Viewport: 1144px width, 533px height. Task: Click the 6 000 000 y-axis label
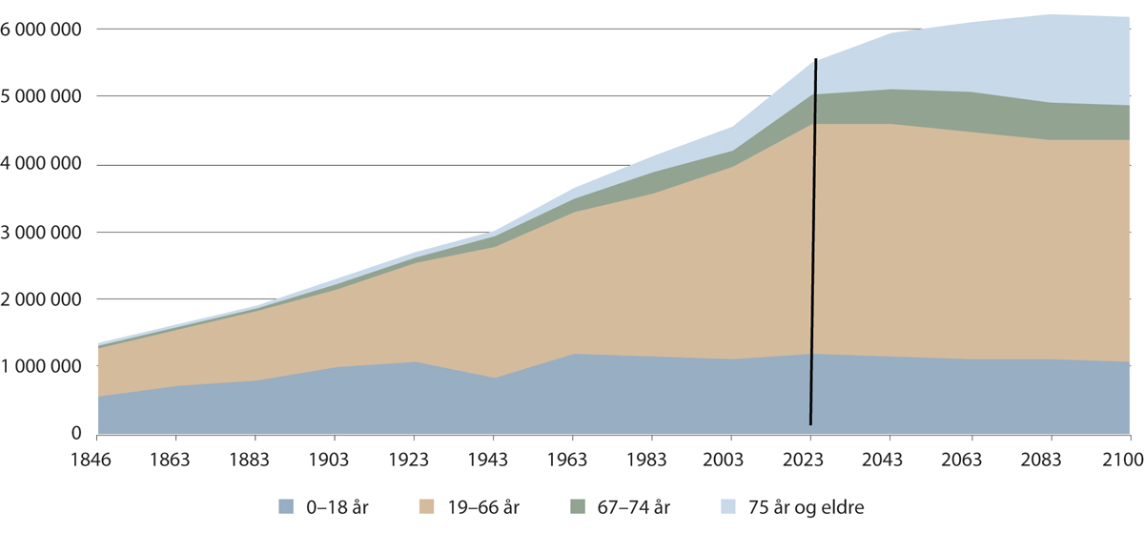click(x=43, y=30)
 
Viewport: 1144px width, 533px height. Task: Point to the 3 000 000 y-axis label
click(x=43, y=232)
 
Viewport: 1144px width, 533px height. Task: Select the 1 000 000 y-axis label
click(x=43, y=367)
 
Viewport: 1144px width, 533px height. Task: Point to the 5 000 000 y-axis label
click(x=43, y=97)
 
